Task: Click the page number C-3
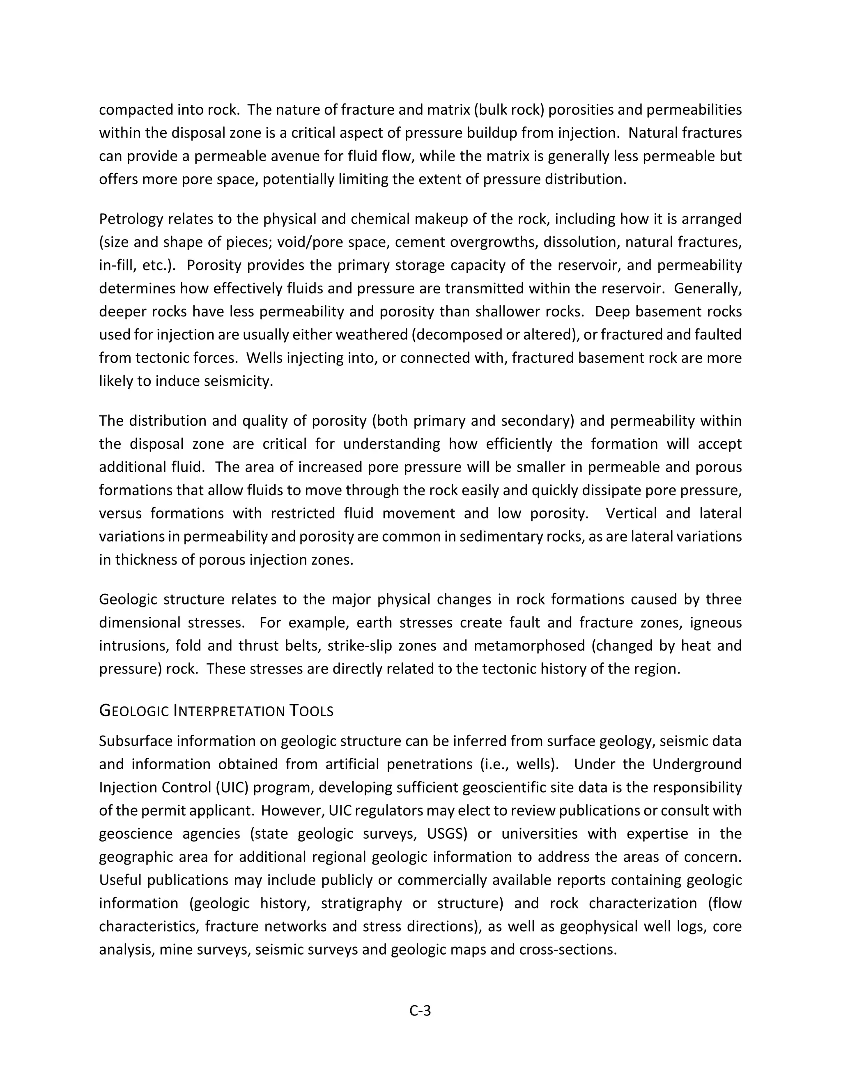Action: click(x=420, y=1011)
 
